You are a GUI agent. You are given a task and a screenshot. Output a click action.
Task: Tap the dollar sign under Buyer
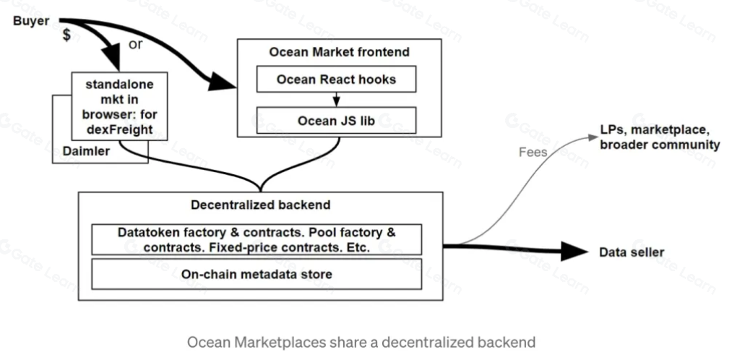66,36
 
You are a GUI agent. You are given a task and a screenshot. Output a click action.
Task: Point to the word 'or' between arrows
135,44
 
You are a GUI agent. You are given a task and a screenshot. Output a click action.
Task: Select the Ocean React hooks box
336,80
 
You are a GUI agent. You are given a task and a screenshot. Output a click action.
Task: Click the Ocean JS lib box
336,119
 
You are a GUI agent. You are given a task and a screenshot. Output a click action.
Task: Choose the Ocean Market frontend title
339,52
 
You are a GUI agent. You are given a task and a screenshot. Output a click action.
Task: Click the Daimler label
85,151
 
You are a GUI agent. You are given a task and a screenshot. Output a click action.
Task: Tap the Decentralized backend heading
260,205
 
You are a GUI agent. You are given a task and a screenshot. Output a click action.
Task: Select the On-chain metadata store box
257,275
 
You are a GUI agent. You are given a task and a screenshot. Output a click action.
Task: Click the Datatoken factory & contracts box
257,239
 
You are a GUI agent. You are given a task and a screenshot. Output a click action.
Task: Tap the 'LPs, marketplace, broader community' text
659,137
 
